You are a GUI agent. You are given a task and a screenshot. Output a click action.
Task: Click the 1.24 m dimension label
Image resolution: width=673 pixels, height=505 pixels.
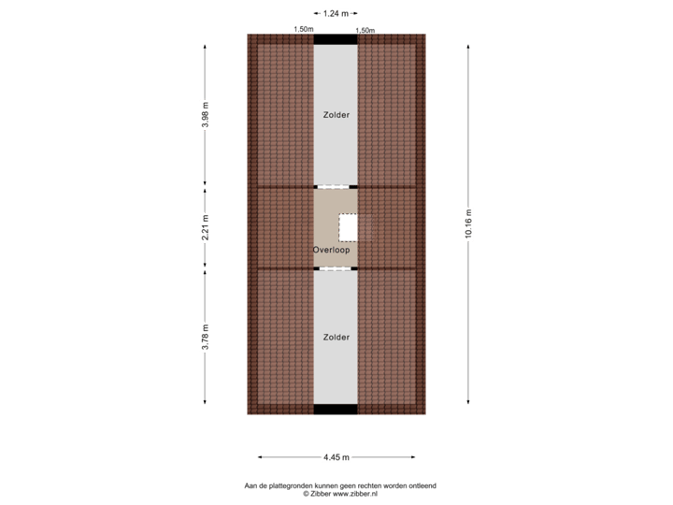click(336, 13)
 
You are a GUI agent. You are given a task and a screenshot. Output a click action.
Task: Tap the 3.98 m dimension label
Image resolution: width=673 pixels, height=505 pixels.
click(205, 115)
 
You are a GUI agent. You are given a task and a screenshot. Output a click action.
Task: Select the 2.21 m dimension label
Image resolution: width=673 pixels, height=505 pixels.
click(205, 229)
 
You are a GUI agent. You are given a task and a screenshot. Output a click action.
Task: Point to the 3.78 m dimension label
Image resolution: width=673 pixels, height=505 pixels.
click(205, 336)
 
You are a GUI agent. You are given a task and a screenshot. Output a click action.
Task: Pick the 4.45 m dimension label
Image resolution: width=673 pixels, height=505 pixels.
click(336, 457)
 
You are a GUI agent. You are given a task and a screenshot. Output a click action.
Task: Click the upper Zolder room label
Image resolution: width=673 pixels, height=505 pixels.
click(336, 115)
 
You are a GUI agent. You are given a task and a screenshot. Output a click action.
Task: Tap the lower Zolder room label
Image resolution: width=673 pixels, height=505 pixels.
click(336, 337)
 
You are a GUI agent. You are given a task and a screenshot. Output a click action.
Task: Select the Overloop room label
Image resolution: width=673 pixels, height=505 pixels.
click(331, 250)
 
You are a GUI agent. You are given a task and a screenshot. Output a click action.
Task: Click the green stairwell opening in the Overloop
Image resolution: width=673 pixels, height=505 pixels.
click(348, 227)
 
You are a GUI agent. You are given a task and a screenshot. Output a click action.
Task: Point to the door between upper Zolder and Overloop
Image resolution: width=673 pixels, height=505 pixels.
click(336, 186)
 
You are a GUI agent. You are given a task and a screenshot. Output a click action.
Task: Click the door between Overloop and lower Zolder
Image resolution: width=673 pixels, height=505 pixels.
click(336, 268)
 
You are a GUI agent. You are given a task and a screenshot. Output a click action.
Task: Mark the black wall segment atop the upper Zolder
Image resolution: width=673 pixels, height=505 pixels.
click(336, 39)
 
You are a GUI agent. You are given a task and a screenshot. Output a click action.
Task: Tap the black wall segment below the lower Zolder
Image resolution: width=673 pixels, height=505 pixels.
click(336, 410)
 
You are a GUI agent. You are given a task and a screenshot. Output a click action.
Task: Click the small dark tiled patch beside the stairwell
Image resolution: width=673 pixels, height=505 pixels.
click(365, 227)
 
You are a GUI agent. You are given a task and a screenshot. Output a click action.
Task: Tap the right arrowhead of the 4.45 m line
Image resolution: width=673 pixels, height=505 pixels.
click(413, 457)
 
